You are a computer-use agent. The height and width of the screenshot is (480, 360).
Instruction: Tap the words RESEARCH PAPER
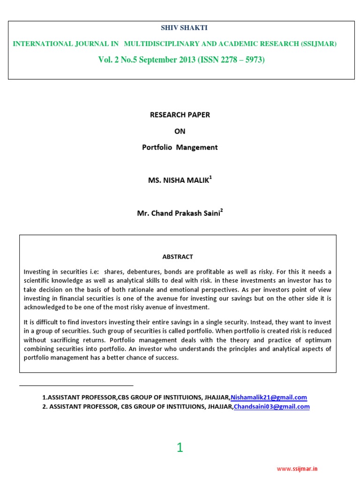coord(180,115)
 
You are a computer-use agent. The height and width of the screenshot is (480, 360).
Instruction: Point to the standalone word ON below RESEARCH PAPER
coord(180,131)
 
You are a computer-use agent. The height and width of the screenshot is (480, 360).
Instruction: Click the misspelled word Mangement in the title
coord(199,147)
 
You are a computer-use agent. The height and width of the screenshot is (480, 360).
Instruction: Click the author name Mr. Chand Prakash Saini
coord(178,214)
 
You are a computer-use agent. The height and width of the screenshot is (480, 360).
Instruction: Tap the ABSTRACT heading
coord(178,256)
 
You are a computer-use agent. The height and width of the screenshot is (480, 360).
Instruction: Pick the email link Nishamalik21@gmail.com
coord(269,397)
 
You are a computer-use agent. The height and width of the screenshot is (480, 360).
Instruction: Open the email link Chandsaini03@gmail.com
coord(271,407)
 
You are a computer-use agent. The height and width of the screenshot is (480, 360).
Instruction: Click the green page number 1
coord(180,448)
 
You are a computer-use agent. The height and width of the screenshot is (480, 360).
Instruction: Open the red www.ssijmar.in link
coord(297,469)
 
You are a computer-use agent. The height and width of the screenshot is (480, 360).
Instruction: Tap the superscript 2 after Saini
coord(221,211)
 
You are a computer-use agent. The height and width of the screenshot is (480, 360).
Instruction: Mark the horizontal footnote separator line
coord(76,385)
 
